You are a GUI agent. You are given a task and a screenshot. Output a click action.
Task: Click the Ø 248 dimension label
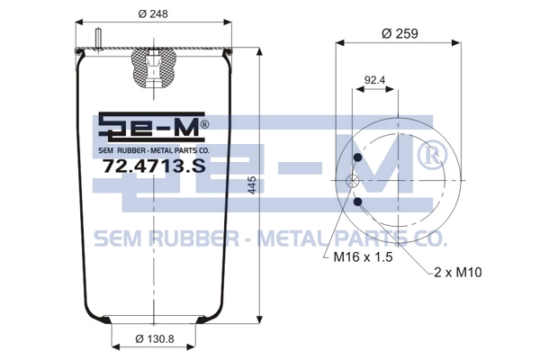(x=153, y=13)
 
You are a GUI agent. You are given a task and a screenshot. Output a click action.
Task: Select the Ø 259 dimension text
(x=400, y=34)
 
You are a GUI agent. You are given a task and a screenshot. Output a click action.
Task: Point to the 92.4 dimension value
(x=374, y=80)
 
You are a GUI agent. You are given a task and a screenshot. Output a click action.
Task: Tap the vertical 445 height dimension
(x=252, y=185)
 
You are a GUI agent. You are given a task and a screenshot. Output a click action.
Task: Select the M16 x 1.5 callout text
(x=363, y=257)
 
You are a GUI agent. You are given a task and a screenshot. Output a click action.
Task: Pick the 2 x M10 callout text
(x=458, y=273)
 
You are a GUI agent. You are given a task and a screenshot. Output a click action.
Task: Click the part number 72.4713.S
(x=154, y=166)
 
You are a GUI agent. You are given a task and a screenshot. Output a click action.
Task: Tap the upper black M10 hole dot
(x=358, y=157)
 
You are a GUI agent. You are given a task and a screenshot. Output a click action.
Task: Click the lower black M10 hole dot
(x=358, y=202)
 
